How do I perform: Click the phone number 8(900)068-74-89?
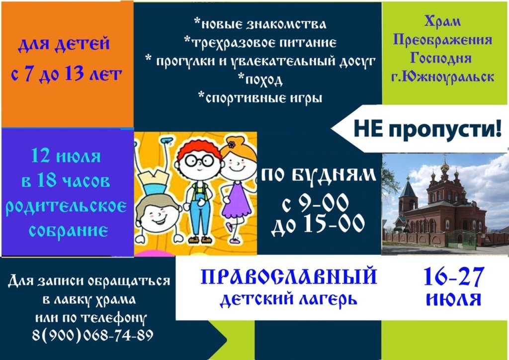click(92, 335)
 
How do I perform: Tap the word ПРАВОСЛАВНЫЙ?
click(289, 277)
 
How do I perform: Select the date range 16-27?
click(454, 277)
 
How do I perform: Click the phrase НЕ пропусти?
click(427, 129)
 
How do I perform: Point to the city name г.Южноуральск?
click(443, 77)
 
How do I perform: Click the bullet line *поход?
click(260, 80)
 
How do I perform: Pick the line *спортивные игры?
click(260, 97)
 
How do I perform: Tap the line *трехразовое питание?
click(260, 42)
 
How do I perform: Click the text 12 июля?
click(66, 156)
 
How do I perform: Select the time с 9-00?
click(315, 203)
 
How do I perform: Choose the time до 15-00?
click(318, 224)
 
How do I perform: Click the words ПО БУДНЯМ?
click(319, 176)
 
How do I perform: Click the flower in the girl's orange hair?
click(231, 145)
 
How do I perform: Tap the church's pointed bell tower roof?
click(408, 187)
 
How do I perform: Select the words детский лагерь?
click(289, 299)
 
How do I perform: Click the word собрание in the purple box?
click(69, 231)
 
